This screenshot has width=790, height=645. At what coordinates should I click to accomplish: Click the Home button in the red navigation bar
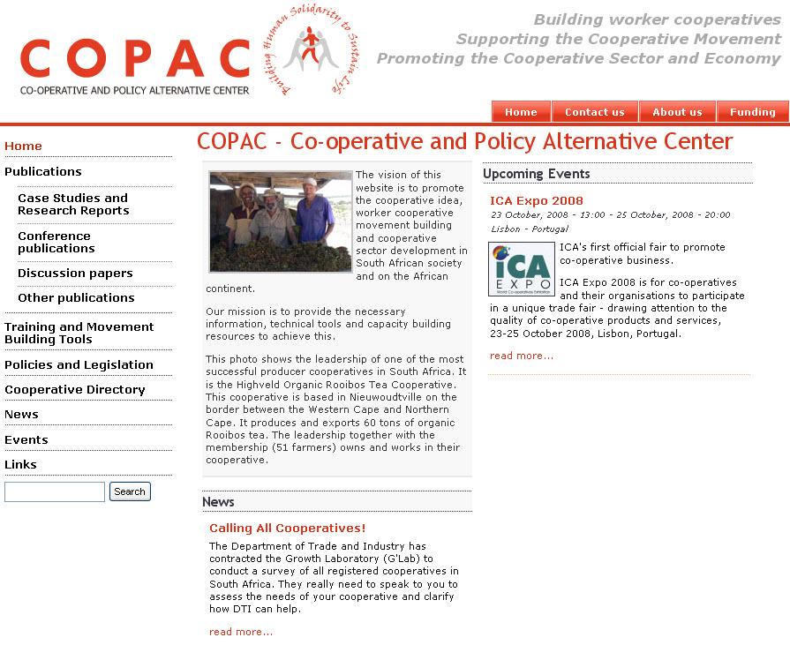click(x=521, y=112)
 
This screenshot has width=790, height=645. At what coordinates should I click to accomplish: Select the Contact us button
click(x=594, y=112)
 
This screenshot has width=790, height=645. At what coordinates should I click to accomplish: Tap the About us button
click(x=677, y=112)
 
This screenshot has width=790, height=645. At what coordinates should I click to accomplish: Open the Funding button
click(x=753, y=112)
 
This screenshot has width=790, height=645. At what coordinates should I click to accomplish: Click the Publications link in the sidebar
click(x=43, y=171)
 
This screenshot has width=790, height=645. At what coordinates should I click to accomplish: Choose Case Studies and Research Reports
click(x=72, y=204)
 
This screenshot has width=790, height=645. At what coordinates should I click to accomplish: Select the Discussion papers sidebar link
click(x=75, y=274)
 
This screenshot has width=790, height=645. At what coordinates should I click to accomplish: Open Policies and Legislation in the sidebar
click(x=79, y=364)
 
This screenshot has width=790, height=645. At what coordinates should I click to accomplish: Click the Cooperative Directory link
click(x=75, y=389)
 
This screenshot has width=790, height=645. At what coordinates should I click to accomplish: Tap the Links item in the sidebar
click(x=20, y=464)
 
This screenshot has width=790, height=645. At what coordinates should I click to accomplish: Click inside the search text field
click(x=55, y=491)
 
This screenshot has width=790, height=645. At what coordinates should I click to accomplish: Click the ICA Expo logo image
click(x=521, y=269)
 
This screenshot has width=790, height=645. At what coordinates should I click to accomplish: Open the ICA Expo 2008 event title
click(x=537, y=200)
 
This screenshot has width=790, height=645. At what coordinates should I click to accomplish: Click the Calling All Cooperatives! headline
click(x=287, y=528)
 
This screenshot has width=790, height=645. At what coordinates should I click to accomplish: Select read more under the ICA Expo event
click(x=522, y=356)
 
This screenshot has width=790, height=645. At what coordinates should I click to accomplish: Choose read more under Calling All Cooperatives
click(x=241, y=632)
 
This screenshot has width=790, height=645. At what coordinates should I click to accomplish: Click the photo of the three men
click(x=280, y=221)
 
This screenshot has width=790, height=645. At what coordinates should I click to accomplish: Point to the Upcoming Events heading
click(x=536, y=174)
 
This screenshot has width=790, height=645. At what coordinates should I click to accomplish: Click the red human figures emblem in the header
click(x=310, y=49)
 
